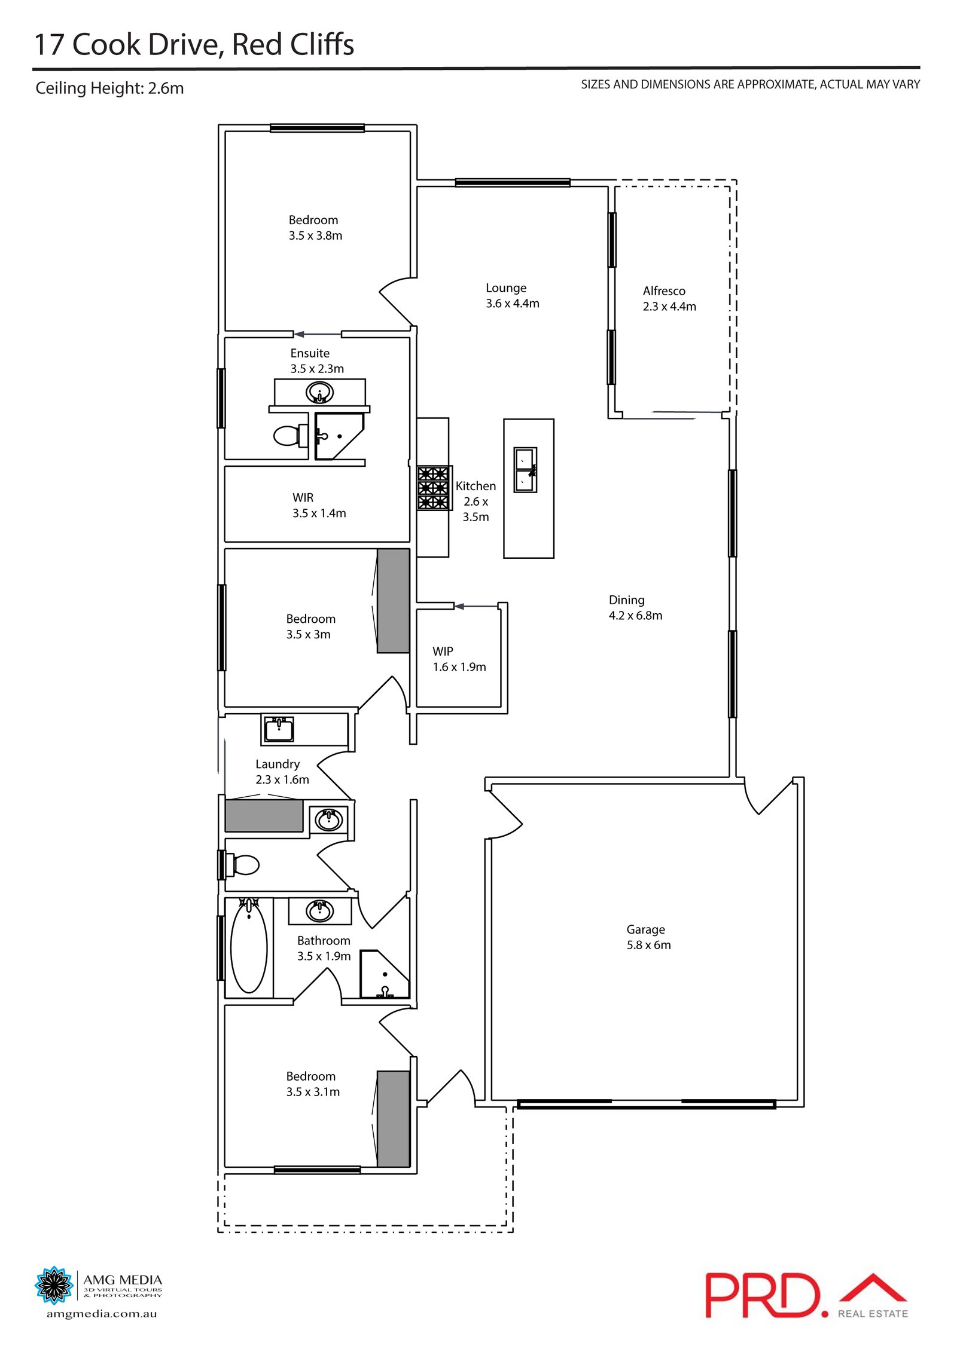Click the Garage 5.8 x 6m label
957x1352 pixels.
[x=648, y=937]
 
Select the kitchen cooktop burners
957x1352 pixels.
[x=433, y=488]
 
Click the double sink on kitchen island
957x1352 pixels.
[x=525, y=470]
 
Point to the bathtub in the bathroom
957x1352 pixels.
[x=249, y=947]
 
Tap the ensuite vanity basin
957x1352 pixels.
[x=319, y=393]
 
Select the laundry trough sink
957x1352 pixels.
[x=279, y=729]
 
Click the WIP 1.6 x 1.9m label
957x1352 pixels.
[x=459, y=659]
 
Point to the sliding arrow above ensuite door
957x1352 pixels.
[x=317, y=334]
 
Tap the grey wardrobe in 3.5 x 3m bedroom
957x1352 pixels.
[x=393, y=600]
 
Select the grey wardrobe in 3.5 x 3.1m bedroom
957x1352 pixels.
[x=393, y=1118]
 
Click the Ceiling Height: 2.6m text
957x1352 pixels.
[x=109, y=88]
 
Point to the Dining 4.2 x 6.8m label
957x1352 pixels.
[x=635, y=607]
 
